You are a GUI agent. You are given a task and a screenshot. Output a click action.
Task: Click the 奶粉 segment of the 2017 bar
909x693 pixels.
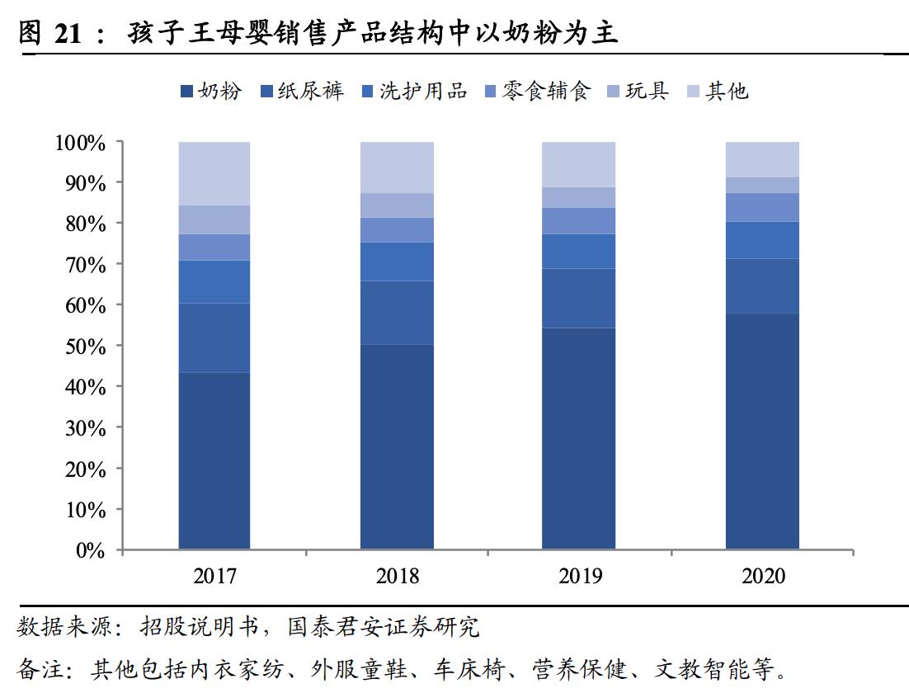[214, 460]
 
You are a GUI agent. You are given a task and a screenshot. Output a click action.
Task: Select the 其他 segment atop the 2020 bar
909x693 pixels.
[762, 159]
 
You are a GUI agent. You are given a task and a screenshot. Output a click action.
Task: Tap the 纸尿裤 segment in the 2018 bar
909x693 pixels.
[397, 313]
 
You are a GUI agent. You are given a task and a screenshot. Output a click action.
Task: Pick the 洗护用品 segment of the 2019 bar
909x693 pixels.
[578, 251]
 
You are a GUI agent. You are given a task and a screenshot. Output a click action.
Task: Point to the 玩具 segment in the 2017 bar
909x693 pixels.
[214, 219]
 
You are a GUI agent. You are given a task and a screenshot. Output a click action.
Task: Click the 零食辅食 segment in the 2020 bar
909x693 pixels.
[762, 207]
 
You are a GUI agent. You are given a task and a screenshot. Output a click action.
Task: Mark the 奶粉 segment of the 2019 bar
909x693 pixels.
[578, 438]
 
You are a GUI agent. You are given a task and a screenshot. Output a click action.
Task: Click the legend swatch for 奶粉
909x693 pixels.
[186, 92]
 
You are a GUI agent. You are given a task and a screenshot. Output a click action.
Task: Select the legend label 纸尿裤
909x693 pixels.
[310, 91]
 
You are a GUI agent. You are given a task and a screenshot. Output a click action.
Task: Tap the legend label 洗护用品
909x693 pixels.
[422, 91]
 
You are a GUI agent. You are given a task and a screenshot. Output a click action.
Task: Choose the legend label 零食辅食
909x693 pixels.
[546, 91]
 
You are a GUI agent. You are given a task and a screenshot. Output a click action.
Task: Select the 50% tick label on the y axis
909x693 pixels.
[86, 346]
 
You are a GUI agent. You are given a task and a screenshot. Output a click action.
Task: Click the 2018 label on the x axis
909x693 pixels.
[397, 575]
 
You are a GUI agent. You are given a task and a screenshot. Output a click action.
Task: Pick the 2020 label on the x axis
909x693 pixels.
[763, 575]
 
